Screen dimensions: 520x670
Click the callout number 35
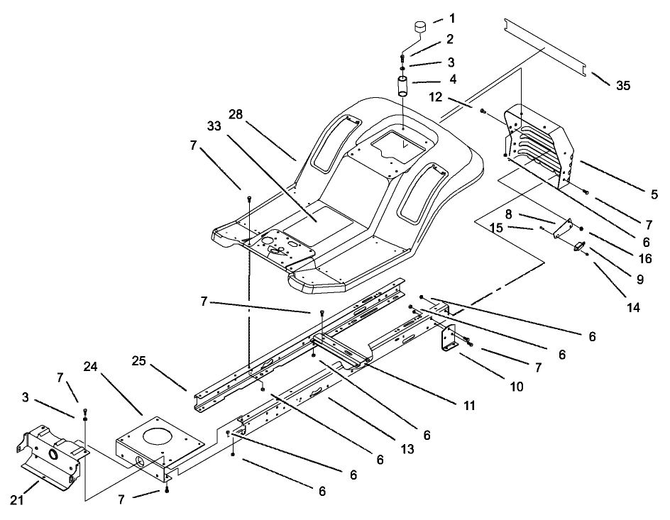[x=622, y=87]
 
